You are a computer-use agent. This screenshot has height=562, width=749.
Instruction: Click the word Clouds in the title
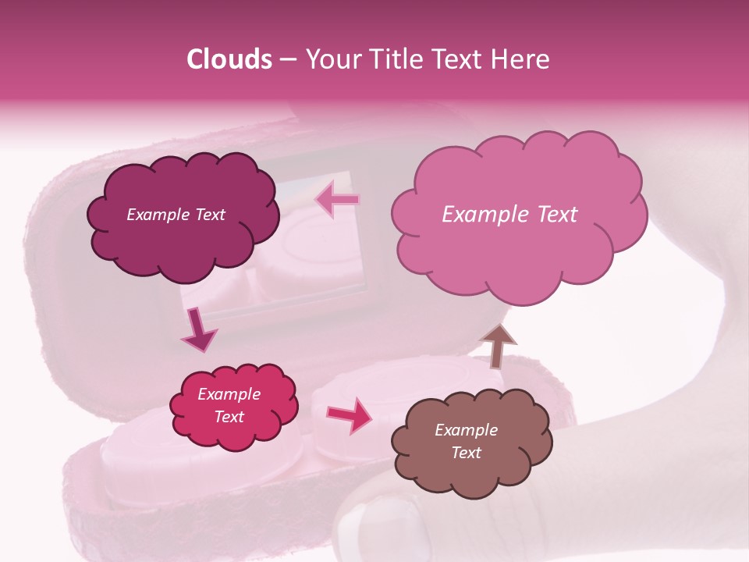coord(229,59)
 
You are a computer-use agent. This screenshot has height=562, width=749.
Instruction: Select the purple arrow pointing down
coord(198,329)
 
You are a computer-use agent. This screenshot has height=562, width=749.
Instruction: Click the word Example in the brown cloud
coord(466,430)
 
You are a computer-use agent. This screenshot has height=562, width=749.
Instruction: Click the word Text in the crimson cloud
coord(229,417)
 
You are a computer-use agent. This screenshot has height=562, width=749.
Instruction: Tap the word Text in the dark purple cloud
coord(209,215)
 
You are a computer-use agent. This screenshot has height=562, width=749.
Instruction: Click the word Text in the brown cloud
coord(466,453)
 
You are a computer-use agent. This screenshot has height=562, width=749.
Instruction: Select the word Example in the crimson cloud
coord(229,394)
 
